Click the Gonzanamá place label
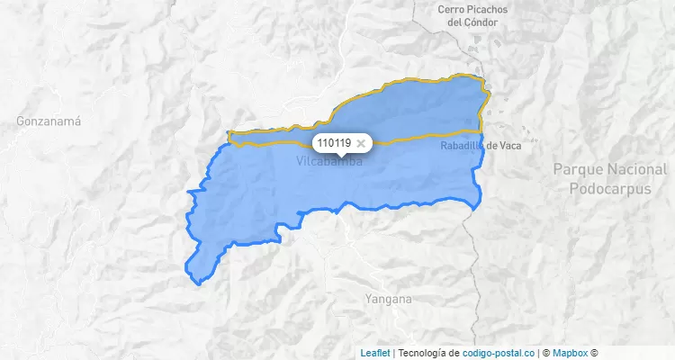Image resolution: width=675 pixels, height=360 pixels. [49, 120]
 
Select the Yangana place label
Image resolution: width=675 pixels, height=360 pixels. [388, 298]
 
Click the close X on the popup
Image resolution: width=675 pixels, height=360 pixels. [361, 142]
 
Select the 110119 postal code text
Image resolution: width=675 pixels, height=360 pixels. [334, 142]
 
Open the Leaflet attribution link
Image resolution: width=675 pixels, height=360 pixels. [374, 353]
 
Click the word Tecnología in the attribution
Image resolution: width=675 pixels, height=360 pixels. [422, 353]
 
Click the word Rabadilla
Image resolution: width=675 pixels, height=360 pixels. [462, 146]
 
